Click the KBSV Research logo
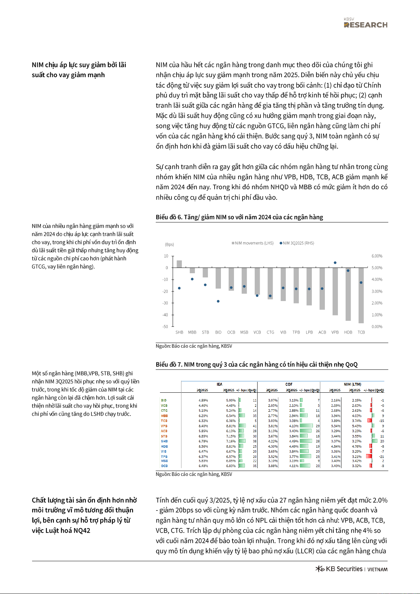coord(365,23)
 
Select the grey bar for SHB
coord(179,264)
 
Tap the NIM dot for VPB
coord(335,263)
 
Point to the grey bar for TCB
coord(361,295)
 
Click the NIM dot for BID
coord(218,301)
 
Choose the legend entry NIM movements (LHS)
coord(253,243)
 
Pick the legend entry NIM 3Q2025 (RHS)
coord(297,243)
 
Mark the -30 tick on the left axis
coord(165,303)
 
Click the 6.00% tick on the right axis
coord(377,256)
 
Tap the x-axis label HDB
coord(348,332)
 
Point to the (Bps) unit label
coord(169,245)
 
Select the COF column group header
coord(289,384)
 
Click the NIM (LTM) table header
coord(352,384)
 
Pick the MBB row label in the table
coord(164,416)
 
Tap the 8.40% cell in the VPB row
coord(203,426)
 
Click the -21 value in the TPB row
coord(382,457)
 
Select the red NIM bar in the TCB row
coord(370,421)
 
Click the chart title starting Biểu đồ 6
coord(239,217)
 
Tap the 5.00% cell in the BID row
coord(231,400)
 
